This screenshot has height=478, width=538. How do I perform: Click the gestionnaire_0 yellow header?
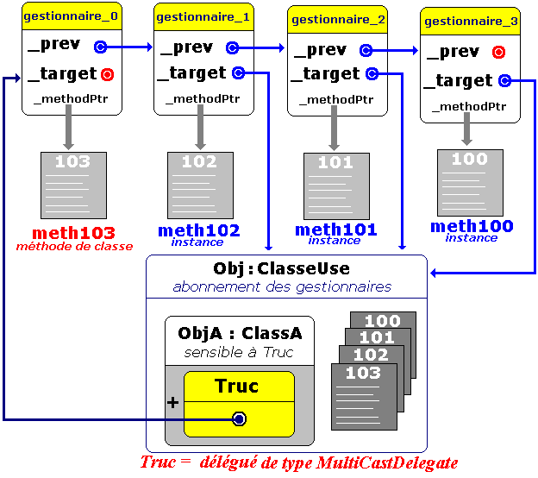[x=66, y=16]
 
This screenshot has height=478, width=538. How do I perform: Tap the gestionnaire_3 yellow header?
[x=471, y=19]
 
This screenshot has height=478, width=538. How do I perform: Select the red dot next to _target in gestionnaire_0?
[x=107, y=74]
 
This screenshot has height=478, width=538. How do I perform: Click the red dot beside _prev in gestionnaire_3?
[x=497, y=52]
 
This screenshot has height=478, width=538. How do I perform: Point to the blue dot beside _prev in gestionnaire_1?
[x=232, y=48]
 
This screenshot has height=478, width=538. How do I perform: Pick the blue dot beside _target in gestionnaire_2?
[x=372, y=74]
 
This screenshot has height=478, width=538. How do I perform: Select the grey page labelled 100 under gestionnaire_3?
[x=470, y=182]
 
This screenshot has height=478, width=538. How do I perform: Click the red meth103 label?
[x=73, y=234]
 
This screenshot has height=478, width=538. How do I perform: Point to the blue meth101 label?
[x=335, y=230]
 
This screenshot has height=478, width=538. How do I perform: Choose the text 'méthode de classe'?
[x=74, y=246]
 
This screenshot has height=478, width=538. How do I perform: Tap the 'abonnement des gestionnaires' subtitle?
[x=282, y=286]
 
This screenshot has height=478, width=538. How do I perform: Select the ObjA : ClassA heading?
[x=240, y=333]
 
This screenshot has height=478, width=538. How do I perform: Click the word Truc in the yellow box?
[x=237, y=385]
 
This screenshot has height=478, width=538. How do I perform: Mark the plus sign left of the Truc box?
[x=172, y=402]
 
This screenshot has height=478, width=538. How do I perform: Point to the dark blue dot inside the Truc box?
[x=240, y=418]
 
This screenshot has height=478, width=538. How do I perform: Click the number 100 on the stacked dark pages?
[x=382, y=321]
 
